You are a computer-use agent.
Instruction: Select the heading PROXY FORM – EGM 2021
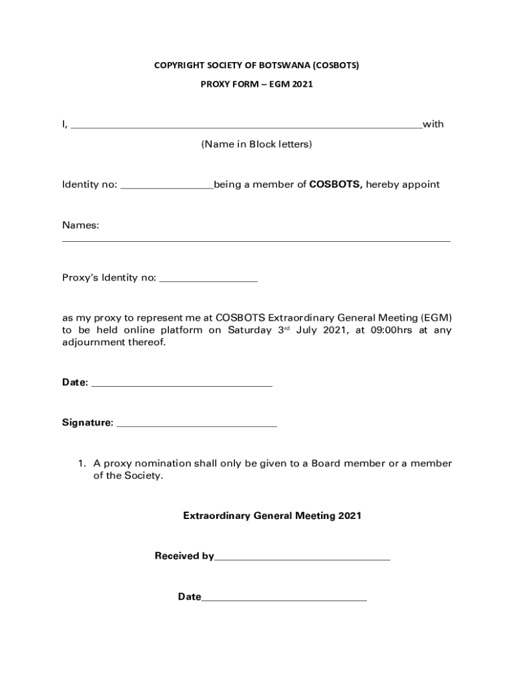click(x=257, y=85)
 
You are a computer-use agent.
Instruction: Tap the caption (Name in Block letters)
click(x=256, y=144)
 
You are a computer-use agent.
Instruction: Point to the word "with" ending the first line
click(x=433, y=124)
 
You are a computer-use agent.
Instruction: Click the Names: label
click(x=81, y=226)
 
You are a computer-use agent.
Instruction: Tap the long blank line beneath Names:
click(x=256, y=240)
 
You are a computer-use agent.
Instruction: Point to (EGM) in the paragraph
click(x=437, y=317)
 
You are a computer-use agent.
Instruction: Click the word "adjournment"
click(x=93, y=343)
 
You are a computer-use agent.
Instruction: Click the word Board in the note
click(x=324, y=464)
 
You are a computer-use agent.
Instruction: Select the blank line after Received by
click(x=302, y=558)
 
